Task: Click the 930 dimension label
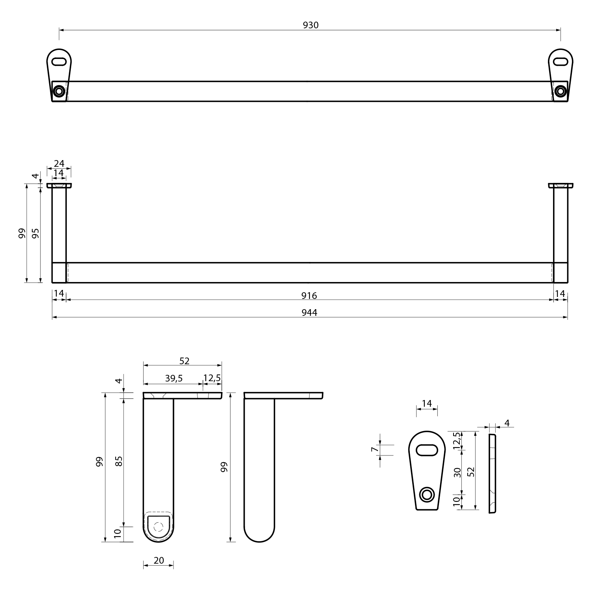(310, 25)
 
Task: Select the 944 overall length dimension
(309, 313)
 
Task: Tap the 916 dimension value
(309, 296)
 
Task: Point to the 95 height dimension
(36, 233)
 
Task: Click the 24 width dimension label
(59, 164)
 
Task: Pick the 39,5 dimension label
(173, 378)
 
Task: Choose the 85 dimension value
(119, 461)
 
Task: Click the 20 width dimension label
(159, 560)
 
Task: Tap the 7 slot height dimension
(374, 449)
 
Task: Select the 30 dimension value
(457, 472)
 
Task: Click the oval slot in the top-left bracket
(59, 62)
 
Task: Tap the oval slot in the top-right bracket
(560, 62)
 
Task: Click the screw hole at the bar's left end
(59, 91)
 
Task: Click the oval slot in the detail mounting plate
(427, 450)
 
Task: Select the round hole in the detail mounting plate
(426, 494)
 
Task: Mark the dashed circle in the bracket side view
(159, 527)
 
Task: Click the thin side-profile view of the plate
(492, 473)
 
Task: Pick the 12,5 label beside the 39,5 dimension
(212, 378)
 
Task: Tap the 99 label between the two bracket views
(224, 467)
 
